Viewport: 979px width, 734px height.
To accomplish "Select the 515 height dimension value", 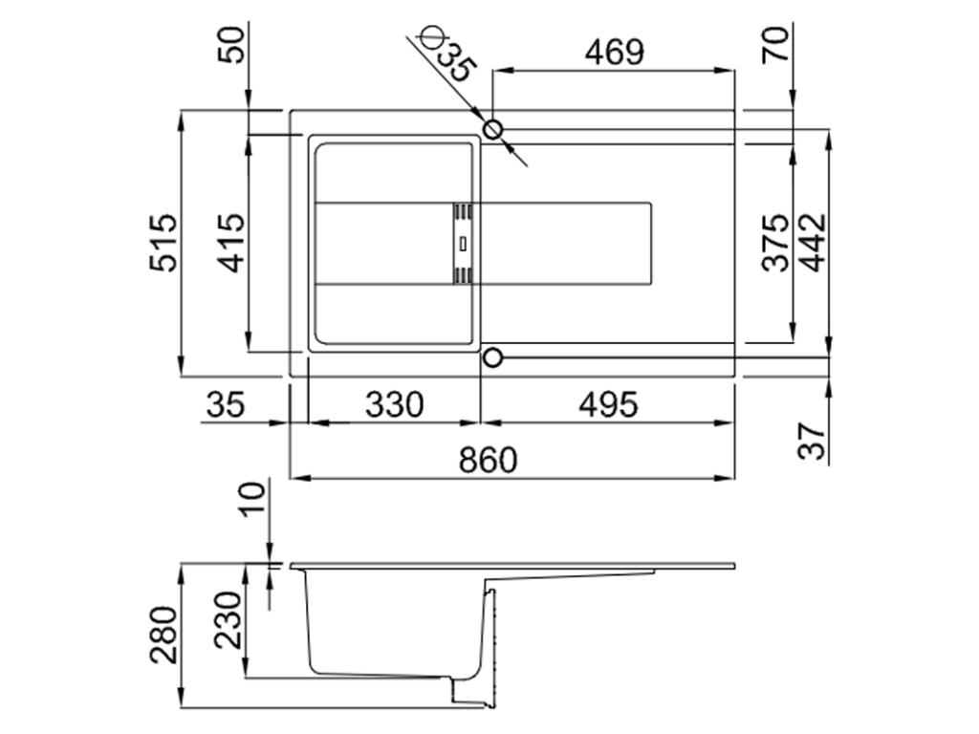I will coord(163,243).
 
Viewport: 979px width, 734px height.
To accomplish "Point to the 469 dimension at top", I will coord(613,52).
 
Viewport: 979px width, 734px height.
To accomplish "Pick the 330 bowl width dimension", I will coord(393,404).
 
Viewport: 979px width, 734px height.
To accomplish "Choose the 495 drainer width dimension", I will coord(607,404).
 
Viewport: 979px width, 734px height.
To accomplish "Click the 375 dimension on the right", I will coord(776,243).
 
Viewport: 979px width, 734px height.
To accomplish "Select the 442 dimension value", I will coord(813,243).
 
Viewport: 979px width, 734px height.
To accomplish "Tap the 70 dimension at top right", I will coord(776,44).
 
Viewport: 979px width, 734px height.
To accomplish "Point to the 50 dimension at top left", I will coord(232,44).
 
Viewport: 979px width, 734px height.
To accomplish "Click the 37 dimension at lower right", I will coord(813,442).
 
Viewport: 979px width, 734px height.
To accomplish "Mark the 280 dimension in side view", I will coord(163,635).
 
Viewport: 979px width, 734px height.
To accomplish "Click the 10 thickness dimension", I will coord(250,499).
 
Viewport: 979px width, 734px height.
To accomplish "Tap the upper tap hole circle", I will coord(493,129).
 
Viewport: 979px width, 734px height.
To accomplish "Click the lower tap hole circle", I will coord(492,357).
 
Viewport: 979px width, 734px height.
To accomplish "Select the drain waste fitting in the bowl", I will coord(463,243).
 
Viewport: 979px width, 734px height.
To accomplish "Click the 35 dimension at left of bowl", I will coord(225,404).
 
